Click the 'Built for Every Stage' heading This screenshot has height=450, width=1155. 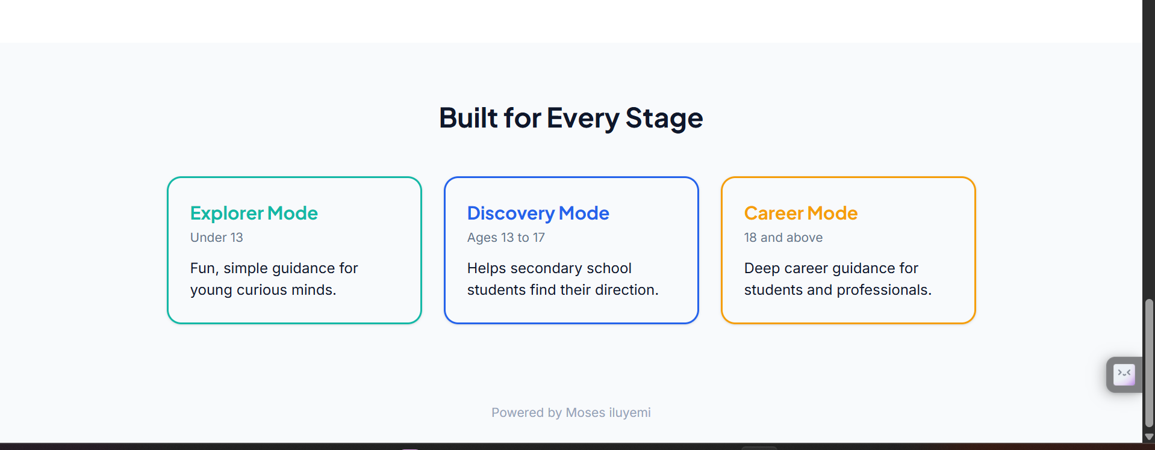point(571,118)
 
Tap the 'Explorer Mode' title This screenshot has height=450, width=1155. point(254,213)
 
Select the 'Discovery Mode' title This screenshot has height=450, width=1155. point(538,213)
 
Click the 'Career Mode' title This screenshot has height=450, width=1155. point(800,213)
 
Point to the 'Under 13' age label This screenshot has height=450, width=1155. point(216,238)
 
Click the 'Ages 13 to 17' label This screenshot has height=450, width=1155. point(506,238)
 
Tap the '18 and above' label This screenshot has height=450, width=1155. point(783,238)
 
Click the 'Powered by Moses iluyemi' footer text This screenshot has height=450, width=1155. point(571,413)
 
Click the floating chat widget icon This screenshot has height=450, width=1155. point(1124,375)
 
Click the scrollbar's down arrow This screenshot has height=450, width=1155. point(1149,437)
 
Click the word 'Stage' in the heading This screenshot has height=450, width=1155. point(664,118)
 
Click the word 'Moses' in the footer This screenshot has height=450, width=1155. point(585,413)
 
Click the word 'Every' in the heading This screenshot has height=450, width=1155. point(582,118)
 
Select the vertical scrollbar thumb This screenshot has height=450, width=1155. point(1149,363)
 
